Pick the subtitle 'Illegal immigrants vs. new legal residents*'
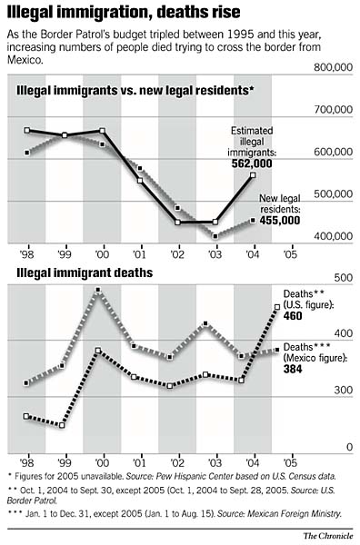(x=135, y=92)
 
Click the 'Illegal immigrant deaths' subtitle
(x=75, y=272)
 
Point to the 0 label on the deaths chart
(x=348, y=448)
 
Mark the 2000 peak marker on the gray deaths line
(x=98, y=291)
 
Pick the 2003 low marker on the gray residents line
(x=215, y=236)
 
